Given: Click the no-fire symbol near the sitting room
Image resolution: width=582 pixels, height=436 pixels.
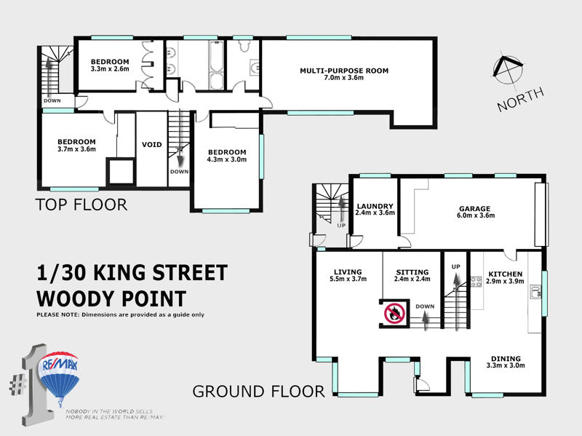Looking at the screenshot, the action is tap(394, 313).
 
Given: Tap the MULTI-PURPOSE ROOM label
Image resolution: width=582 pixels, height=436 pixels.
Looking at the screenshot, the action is tap(344, 71).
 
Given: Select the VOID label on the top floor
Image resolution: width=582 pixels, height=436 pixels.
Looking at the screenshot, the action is tap(152, 144).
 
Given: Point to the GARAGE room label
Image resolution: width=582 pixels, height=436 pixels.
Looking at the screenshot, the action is tap(475, 209).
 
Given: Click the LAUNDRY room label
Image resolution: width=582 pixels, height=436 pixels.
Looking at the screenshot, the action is tap(375, 206).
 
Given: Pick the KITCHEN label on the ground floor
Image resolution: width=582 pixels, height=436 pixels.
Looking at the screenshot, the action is tap(505, 274).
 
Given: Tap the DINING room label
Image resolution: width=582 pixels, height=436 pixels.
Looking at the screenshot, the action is tap(506, 358).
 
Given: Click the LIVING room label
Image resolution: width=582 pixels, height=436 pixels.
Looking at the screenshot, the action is tap(348, 271).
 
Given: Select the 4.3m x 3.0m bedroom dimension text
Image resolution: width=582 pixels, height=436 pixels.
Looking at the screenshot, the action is tap(227, 159).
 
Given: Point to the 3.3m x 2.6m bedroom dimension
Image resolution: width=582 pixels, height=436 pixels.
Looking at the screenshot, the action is tap(110, 68).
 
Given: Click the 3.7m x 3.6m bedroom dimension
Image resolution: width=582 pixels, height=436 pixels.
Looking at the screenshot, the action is tap(76, 149).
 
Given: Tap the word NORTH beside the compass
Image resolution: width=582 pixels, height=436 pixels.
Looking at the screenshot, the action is tap(520, 99).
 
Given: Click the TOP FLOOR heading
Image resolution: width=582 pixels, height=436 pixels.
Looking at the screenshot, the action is tap(81, 205).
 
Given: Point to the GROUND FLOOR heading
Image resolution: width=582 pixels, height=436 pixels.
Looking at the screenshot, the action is tap(258, 392).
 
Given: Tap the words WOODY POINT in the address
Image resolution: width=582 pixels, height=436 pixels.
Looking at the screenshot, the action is tap(111, 298).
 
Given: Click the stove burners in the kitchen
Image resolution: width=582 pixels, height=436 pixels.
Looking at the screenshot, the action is tap(477, 282).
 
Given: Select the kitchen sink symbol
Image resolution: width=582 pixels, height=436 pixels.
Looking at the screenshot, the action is tap(535, 292).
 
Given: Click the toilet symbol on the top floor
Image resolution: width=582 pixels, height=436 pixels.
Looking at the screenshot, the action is tap(244, 45).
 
